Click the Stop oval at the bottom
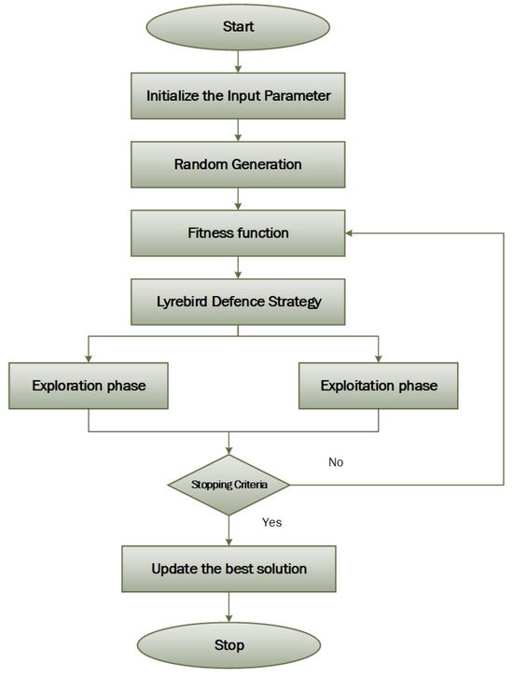[229, 644]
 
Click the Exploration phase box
[88, 385]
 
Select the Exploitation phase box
[378, 385]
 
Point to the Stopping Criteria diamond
[229, 485]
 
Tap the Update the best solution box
[229, 569]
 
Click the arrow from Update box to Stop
[229, 609]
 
